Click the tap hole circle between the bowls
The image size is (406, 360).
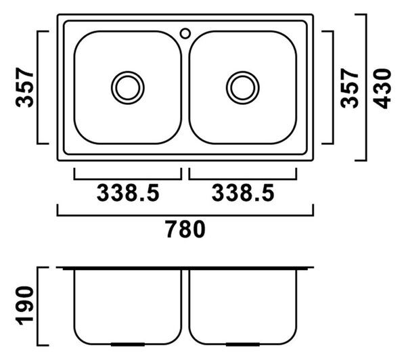tap(185, 33)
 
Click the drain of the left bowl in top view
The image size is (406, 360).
tap(128, 88)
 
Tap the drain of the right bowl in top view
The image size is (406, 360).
tap(243, 88)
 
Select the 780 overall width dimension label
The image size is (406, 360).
tap(185, 229)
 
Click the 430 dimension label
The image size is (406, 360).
tap(383, 89)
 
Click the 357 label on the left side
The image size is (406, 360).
tap(25, 87)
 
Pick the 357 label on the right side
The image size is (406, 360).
tap(350, 89)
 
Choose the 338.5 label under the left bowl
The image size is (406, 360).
tap(128, 193)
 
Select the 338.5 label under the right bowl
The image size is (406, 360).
tap(243, 193)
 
